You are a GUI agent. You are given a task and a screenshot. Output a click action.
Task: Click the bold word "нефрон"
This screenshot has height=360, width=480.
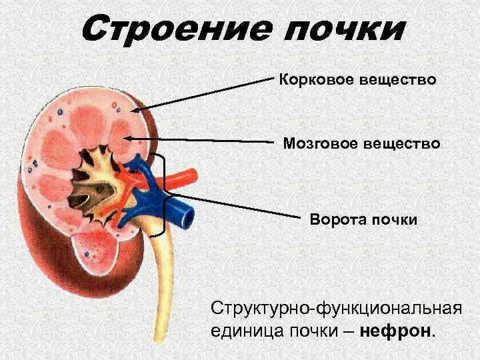click(395, 331)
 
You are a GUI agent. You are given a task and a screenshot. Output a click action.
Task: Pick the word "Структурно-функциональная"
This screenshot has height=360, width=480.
click(336, 308)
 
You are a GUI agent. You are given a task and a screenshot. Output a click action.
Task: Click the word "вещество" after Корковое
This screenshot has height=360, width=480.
click(398, 81)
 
